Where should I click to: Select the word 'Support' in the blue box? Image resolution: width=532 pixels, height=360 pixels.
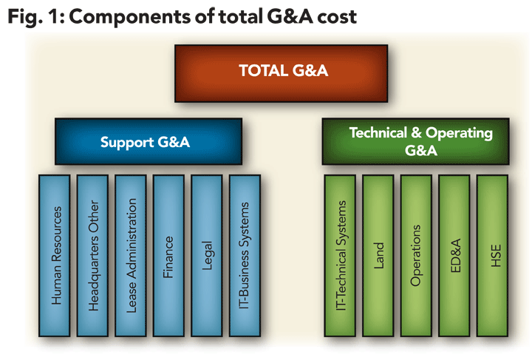point(126,141)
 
